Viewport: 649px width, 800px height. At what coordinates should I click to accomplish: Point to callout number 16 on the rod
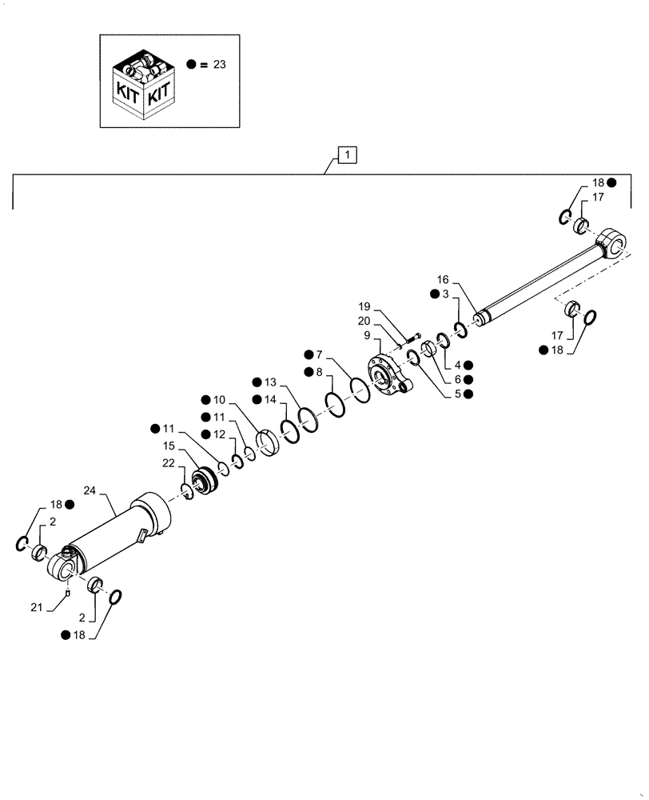[x=444, y=280]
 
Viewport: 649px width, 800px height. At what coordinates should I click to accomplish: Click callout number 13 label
[x=270, y=382]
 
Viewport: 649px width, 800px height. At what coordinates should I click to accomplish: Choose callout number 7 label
[x=320, y=354]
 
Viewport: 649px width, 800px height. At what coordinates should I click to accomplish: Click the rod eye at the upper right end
[x=611, y=242]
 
